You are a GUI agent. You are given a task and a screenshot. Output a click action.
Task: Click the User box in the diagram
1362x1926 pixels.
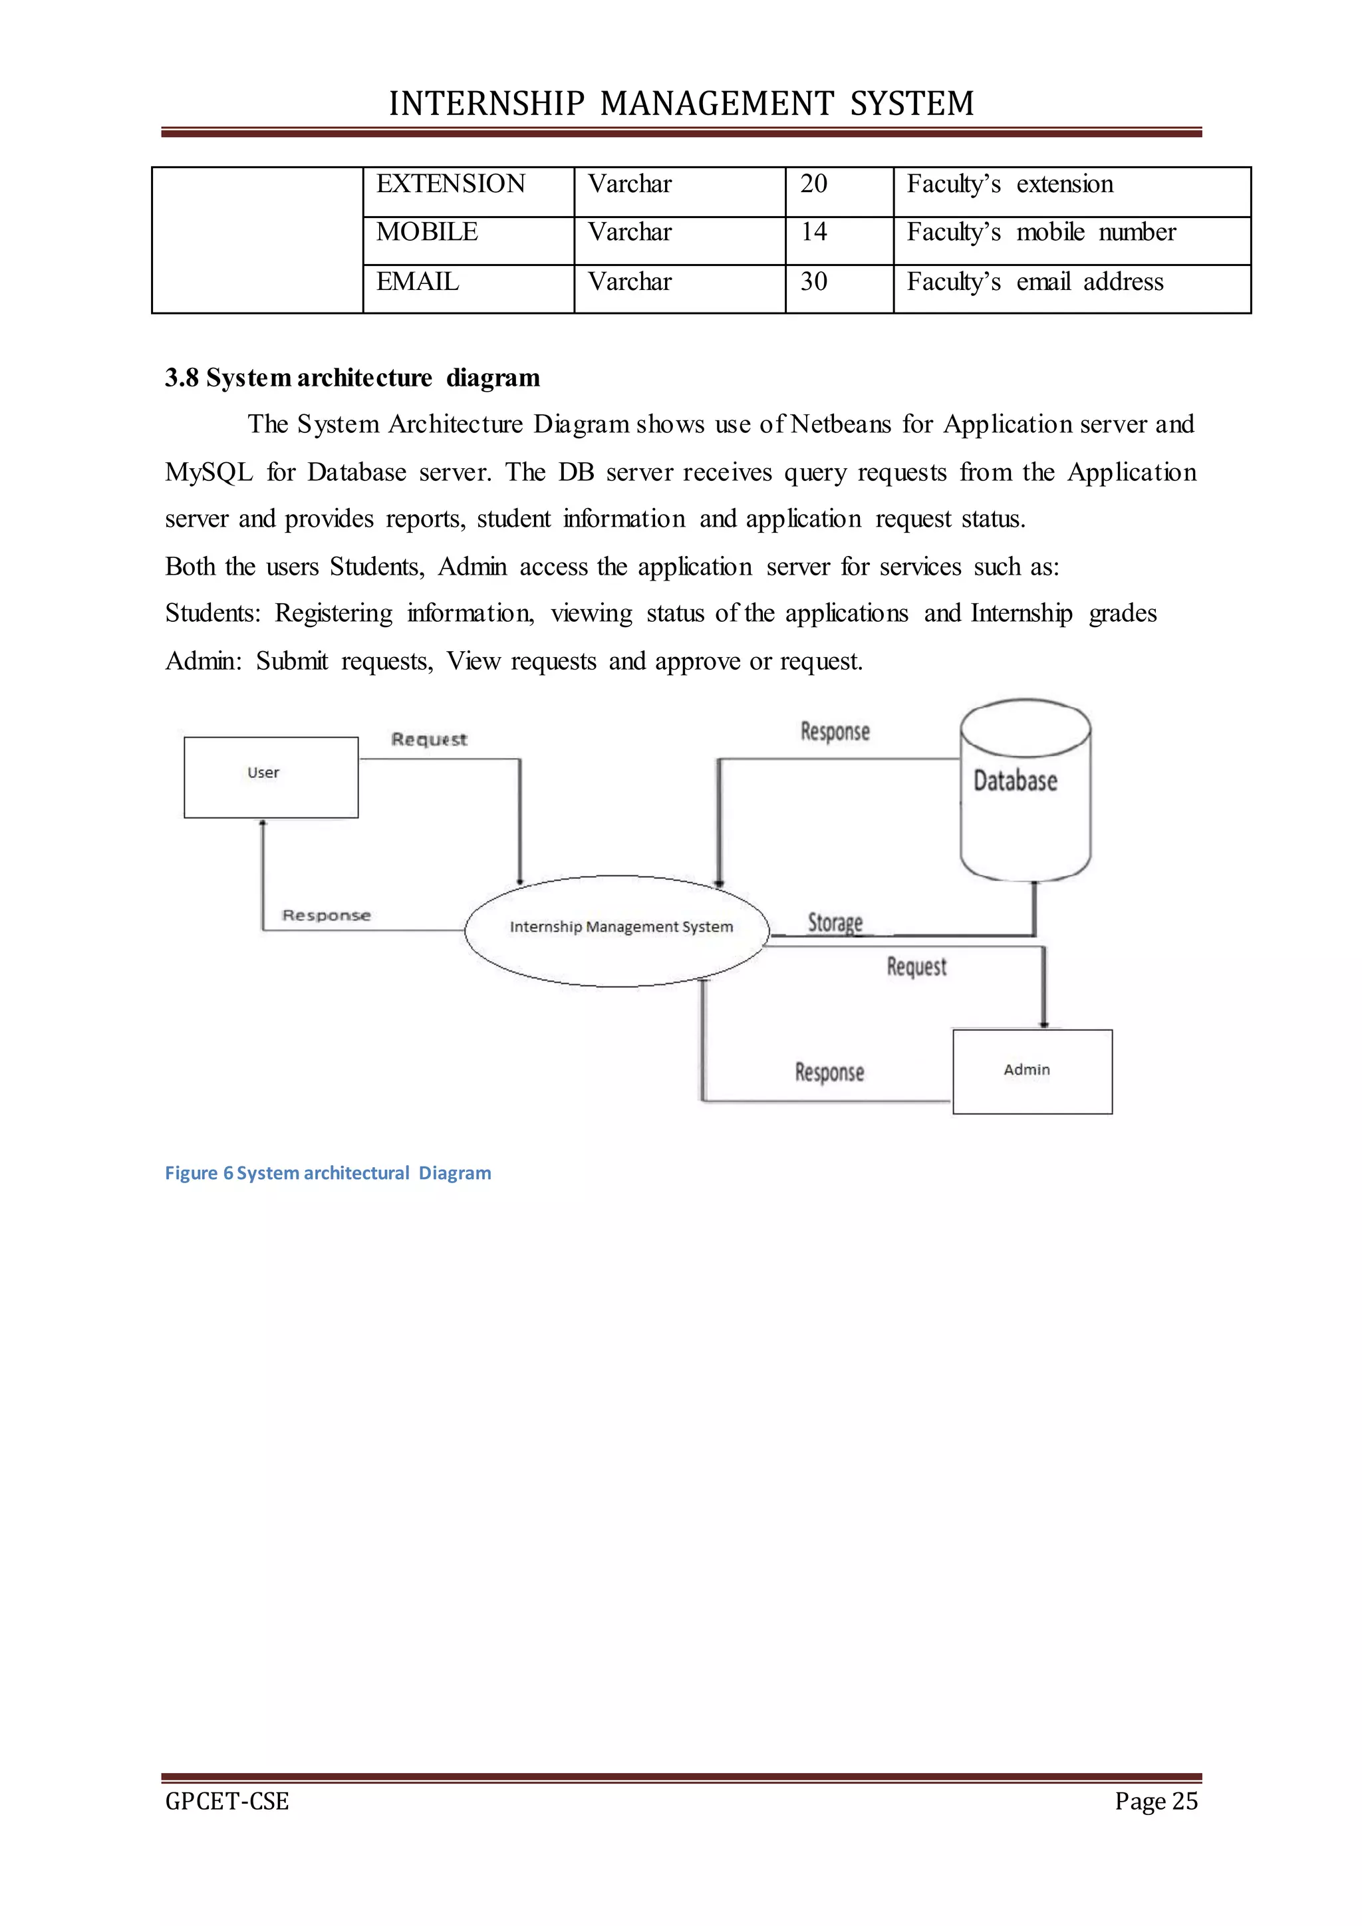(x=271, y=777)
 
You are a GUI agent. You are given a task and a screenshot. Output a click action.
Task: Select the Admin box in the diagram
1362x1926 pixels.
(x=1032, y=1071)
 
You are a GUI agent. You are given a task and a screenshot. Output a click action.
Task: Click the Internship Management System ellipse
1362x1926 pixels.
(x=618, y=930)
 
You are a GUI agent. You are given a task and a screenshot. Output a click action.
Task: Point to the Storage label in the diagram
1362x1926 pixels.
(x=835, y=922)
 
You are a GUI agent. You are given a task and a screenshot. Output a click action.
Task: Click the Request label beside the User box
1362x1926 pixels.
(x=428, y=739)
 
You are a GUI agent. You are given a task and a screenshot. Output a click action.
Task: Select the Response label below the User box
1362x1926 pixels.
(x=327, y=915)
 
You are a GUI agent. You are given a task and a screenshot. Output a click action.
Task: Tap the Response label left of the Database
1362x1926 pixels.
(x=835, y=732)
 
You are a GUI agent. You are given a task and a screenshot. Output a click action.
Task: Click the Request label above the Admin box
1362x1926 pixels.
(x=916, y=967)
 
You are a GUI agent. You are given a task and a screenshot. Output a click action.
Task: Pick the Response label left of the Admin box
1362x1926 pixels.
(x=829, y=1072)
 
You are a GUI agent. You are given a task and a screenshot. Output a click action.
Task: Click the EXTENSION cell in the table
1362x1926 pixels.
(x=450, y=184)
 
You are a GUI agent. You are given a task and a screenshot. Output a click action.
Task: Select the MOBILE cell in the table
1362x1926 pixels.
(x=427, y=231)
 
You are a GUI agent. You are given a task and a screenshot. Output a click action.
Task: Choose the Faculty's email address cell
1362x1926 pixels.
(x=1035, y=282)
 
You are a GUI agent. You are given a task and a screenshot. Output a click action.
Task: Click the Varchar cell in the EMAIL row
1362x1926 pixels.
(x=629, y=282)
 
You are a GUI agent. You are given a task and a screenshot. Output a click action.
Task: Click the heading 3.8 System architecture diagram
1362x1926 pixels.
(x=352, y=378)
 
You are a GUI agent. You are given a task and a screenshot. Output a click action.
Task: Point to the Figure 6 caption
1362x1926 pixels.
(x=328, y=1172)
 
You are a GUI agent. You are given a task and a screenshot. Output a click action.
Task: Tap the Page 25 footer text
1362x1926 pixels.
(x=1156, y=1801)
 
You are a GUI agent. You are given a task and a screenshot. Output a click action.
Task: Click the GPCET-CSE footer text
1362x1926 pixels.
(x=227, y=1801)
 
